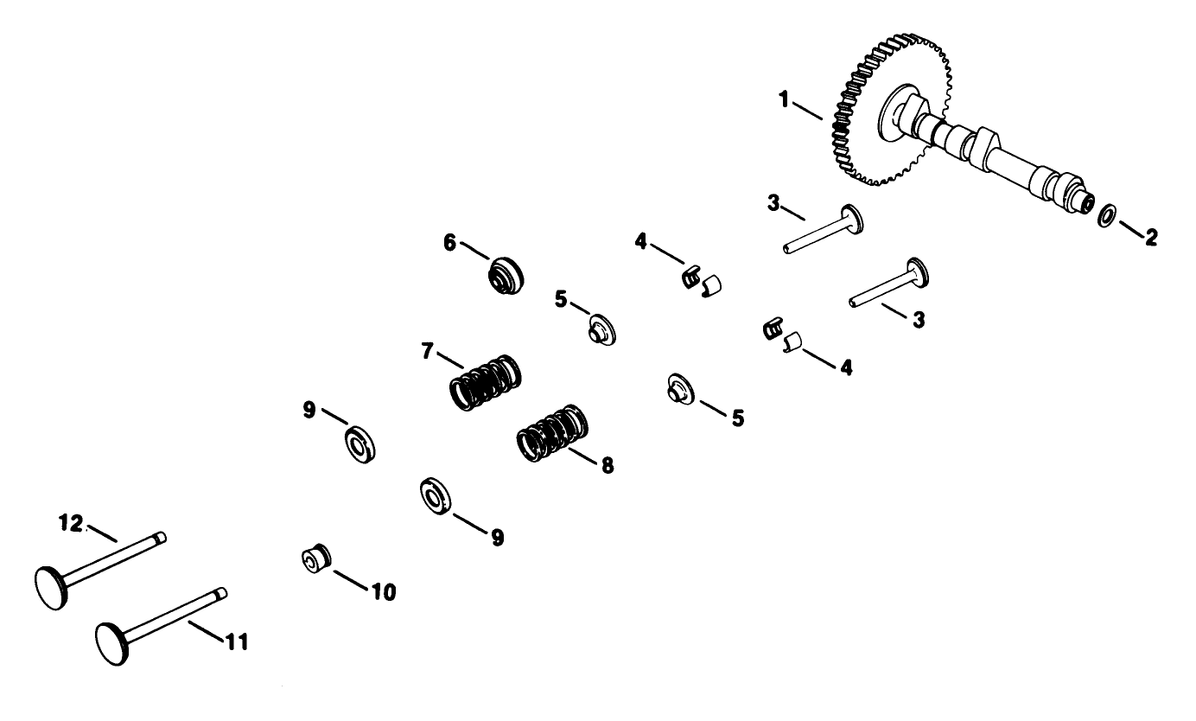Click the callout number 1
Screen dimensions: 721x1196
click(784, 100)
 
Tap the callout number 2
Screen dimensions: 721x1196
click(1150, 237)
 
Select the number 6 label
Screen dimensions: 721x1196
click(450, 243)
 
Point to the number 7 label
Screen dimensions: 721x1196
click(426, 352)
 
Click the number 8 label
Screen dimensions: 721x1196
click(607, 465)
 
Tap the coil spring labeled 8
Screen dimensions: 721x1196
click(553, 432)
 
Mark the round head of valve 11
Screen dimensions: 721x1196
click(111, 644)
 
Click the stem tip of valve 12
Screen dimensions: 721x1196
click(161, 537)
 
